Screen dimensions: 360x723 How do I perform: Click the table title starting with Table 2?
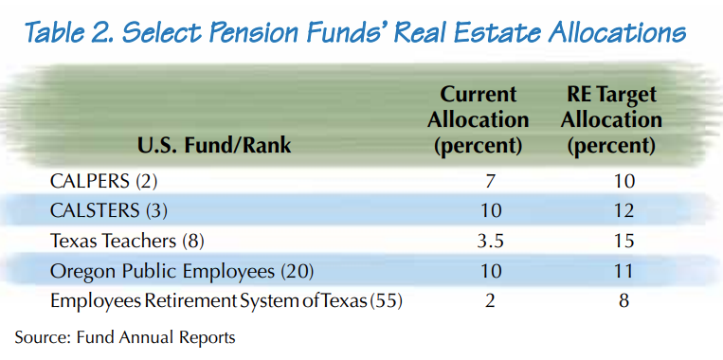click(354, 34)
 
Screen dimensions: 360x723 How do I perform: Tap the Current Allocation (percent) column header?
click(478, 120)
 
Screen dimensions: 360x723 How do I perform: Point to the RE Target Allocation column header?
click(611, 120)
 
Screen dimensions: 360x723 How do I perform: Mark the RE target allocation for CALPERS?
click(623, 179)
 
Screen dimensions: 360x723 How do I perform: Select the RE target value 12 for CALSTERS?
click(623, 208)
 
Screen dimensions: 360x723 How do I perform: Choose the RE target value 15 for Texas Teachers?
click(623, 240)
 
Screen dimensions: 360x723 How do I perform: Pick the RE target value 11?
click(623, 271)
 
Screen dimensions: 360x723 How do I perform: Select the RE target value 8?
click(623, 301)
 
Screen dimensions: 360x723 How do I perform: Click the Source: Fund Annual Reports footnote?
click(124, 336)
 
